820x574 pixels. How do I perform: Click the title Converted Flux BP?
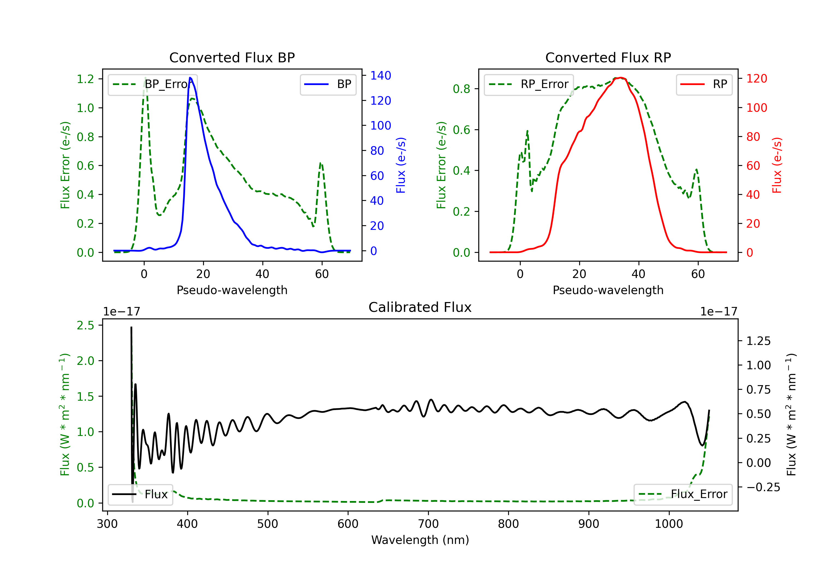(x=232, y=57)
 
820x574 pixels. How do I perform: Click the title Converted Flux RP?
(x=608, y=57)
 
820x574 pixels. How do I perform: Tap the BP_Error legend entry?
(x=153, y=84)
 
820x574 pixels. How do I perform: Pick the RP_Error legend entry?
(x=529, y=84)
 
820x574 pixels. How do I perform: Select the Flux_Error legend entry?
(x=683, y=494)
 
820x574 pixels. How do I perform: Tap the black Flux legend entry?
(x=140, y=494)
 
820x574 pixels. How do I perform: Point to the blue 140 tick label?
(x=380, y=75)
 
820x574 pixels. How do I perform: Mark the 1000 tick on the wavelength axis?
(x=669, y=524)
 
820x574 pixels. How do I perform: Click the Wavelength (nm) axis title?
(x=420, y=540)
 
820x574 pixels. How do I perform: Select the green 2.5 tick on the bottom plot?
(x=85, y=325)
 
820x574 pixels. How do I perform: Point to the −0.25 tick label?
(x=763, y=487)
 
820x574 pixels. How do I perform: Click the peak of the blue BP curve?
(x=190, y=78)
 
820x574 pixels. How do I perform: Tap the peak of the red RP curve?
(x=621, y=78)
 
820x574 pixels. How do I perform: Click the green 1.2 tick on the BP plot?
(x=85, y=79)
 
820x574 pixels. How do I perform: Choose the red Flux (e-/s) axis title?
(x=777, y=165)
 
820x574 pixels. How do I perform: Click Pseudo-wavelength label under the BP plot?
(x=232, y=290)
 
